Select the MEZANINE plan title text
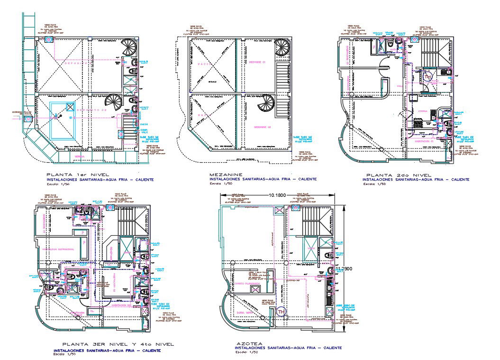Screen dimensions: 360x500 point(226,175)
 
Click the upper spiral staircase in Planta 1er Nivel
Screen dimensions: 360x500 point(128,47)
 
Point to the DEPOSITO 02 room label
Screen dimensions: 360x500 point(93,110)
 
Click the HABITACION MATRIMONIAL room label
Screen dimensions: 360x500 point(58,249)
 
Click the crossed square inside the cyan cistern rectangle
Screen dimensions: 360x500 point(58,115)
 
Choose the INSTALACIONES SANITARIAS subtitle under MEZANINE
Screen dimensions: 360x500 point(263,179)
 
